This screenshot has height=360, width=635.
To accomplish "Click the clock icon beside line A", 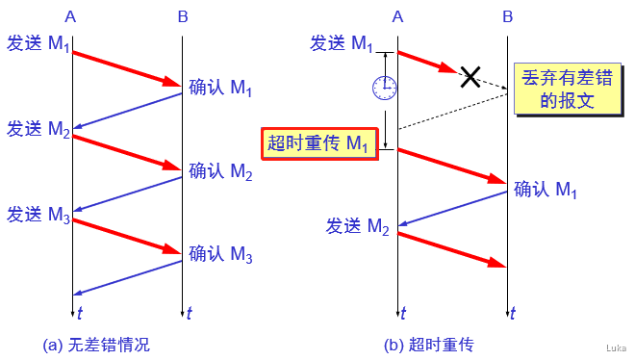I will point(384,88).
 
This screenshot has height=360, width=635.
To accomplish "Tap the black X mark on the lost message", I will point(470,76).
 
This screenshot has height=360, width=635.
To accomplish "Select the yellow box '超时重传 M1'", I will point(317,144).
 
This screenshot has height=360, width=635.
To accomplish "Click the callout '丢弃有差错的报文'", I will point(559,88).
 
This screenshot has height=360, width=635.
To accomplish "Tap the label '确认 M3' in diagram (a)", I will point(220,255).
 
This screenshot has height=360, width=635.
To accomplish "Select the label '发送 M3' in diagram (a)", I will point(38,214).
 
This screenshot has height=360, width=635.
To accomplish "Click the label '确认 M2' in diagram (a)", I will point(220,172).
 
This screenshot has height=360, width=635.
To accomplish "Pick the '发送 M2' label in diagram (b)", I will point(357,227).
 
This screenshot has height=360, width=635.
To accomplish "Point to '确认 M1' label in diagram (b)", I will point(546,190).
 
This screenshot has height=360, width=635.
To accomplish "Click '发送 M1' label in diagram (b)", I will point(341,42).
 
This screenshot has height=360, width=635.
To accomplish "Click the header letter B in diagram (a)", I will point(183,16).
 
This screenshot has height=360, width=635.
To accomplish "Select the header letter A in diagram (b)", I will point(399,16).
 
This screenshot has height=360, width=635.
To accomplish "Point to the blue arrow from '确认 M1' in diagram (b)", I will point(452,209).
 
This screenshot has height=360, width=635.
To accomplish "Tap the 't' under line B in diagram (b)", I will point(514,312).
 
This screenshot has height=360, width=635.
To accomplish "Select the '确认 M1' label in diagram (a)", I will point(220,90).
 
